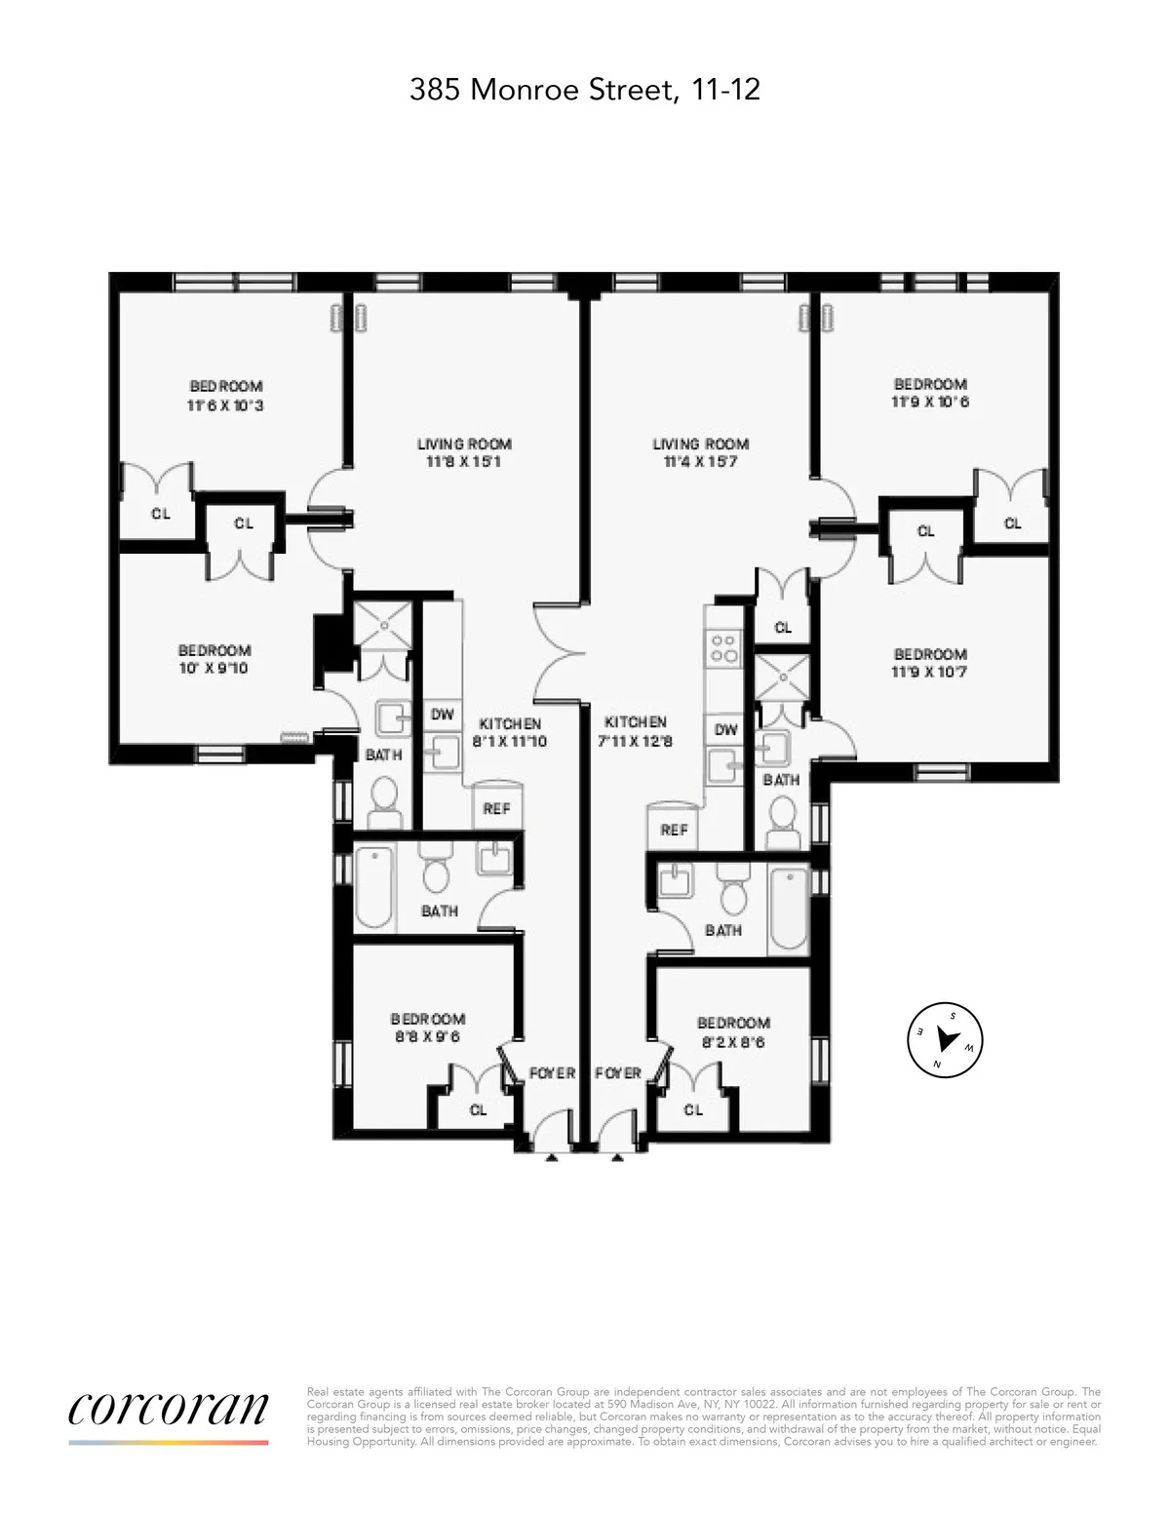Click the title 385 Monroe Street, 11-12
point(584,91)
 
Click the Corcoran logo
point(168,1409)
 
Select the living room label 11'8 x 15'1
point(464,452)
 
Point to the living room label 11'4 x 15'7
point(700,452)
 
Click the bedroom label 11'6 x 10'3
point(225,396)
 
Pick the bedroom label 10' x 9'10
point(214,659)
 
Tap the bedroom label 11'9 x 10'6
point(930,393)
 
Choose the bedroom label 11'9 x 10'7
point(930,663)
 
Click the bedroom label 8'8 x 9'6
point(428,1028)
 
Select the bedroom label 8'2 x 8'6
point(733,1031)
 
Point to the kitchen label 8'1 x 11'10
point(510,732)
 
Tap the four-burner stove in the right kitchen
point(723,648)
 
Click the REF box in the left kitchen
point(496,808)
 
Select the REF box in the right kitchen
point(674,829)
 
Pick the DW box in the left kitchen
point(443,715)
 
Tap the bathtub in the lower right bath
point(789,912)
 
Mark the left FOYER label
point(552,1072)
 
